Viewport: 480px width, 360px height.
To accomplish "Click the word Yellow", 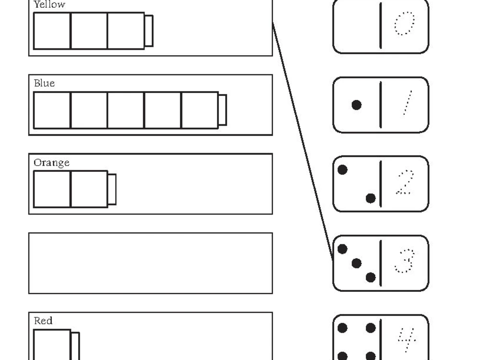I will pyautogui.click(x=49, y=5).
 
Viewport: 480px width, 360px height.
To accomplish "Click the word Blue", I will pyautogui.click(x=44, y=84).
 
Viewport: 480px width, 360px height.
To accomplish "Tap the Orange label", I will pyautogui.click(x=51, y=163).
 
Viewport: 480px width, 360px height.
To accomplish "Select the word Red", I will pyautogui.click(x=43, y=321).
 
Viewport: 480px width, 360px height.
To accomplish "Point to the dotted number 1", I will pyautogui.click(x=407, y=104).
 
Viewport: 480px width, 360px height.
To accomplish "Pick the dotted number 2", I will pyautogui.click(x=404, y=183).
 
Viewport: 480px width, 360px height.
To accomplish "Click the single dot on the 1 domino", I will pyautogui.click(x=356, y=105).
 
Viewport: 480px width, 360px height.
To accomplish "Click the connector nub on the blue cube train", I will pyautogui.click(x=222, y=110).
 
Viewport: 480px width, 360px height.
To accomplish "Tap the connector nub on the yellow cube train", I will pyautogui.click(x=149, y=31).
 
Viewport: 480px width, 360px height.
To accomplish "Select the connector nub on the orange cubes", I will pyautogui.click(x=112, y=189).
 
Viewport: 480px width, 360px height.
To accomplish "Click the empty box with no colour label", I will pyautogui.click(x=150, y=263).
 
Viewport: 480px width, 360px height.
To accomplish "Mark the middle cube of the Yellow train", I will pyautogui.click(x=89, y=31).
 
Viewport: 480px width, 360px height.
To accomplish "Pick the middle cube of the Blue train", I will pyautogui.click(x=126, y=110).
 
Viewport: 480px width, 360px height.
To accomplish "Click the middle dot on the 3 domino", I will pyautogui.click(x=356, y=263).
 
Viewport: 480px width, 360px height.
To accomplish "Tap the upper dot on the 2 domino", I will pyautogui.click(x=342, y=170).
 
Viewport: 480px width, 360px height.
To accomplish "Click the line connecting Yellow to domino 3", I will pyautogui.click(x=302, y=139).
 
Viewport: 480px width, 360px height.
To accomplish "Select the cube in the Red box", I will pyautogui.click(x=52, y=345).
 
